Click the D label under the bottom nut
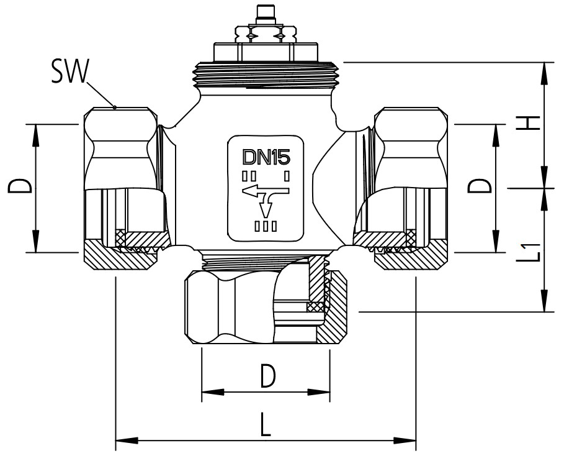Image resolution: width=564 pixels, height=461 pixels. (x=267, y=377)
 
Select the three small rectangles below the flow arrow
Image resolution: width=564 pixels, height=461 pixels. (x=266, y=226)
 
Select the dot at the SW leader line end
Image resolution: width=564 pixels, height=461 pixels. (x=115, y=106)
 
